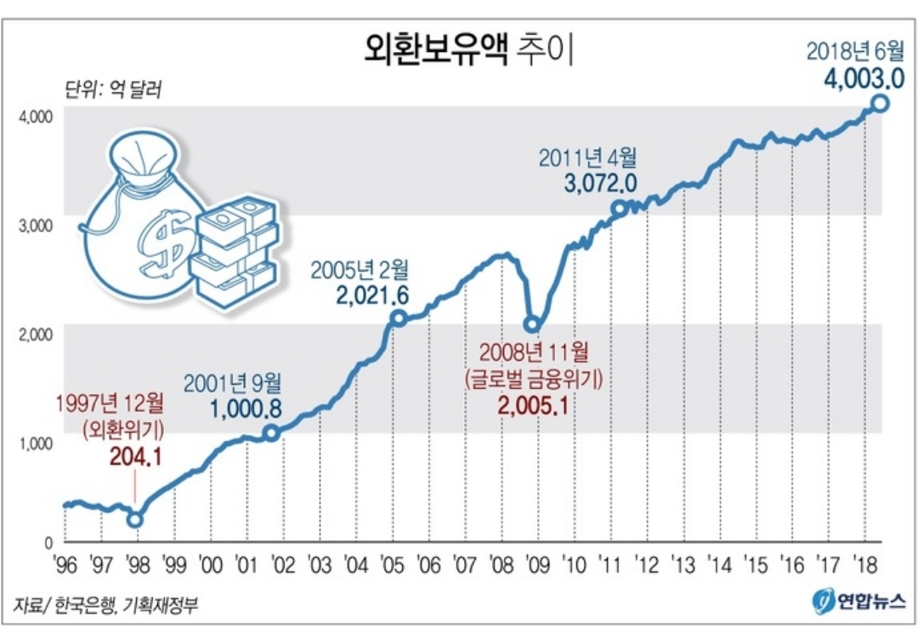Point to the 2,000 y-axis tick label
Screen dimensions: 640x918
coord(37,334)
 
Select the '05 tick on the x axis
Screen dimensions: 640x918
coord(392,565)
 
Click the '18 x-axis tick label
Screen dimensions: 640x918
coord(864,565)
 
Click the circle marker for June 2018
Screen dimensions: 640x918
coord(881,104)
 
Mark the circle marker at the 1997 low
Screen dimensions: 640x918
coord(135,518)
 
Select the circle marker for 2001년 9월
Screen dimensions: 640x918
coord(270,433)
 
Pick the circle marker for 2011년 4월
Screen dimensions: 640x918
coord(619,208)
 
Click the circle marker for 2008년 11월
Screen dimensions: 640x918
coord(533,324)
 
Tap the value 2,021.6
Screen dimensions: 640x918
coord(373,296)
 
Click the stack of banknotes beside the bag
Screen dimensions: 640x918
coord(235,250)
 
